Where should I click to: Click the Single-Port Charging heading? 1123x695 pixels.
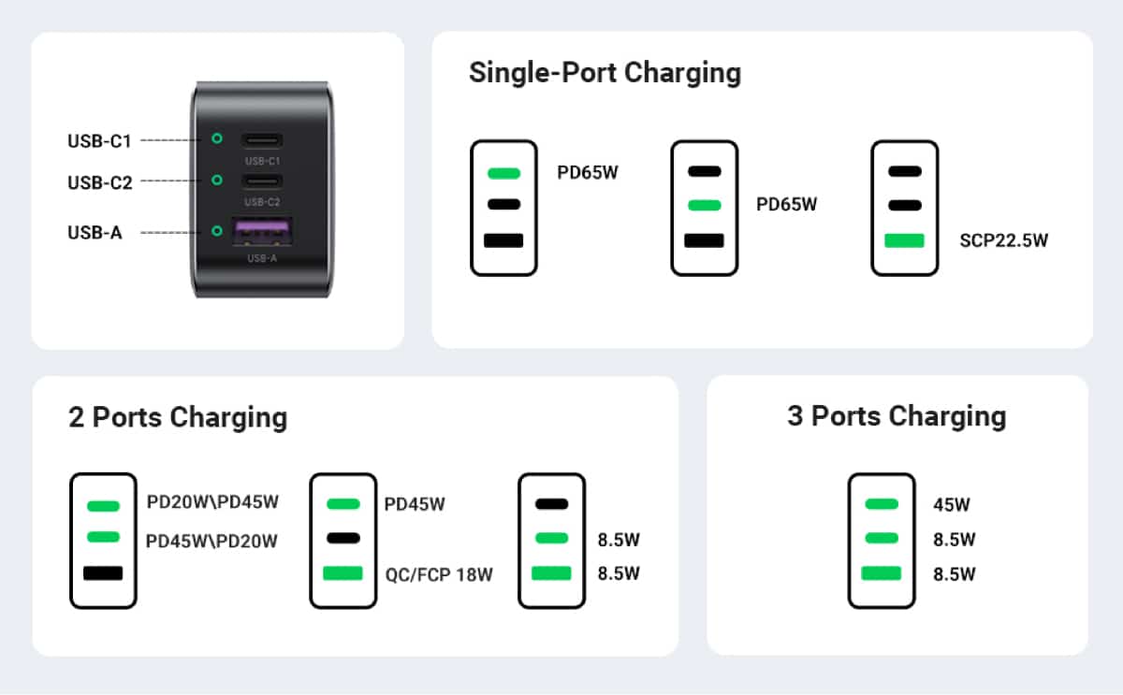[605, 73]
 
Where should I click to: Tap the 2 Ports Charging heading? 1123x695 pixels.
[178, 417]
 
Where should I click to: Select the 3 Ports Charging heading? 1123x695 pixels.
[897, 415]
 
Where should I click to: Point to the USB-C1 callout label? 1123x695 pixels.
[99, 141]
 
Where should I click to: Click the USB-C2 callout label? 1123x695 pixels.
[99, 182]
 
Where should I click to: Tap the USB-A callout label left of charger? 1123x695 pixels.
[95, 233]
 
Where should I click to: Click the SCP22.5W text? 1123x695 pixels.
[1003, 240]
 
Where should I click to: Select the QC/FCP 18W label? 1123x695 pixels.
[438, 573]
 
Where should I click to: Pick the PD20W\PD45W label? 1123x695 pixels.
[212, 502]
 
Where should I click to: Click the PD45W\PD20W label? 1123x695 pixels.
[212, 541]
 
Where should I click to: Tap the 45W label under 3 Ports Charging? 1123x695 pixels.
[952, 505]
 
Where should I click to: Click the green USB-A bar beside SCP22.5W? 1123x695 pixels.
[904, 240]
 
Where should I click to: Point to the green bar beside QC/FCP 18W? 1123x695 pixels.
[343, 573]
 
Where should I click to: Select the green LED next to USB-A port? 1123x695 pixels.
[217, 230]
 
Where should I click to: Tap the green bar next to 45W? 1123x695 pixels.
[882, 504]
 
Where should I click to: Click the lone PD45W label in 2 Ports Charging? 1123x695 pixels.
[415, 505]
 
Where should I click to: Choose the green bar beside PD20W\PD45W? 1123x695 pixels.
[103, 506]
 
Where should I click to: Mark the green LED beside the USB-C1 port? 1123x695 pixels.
[217, 138]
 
